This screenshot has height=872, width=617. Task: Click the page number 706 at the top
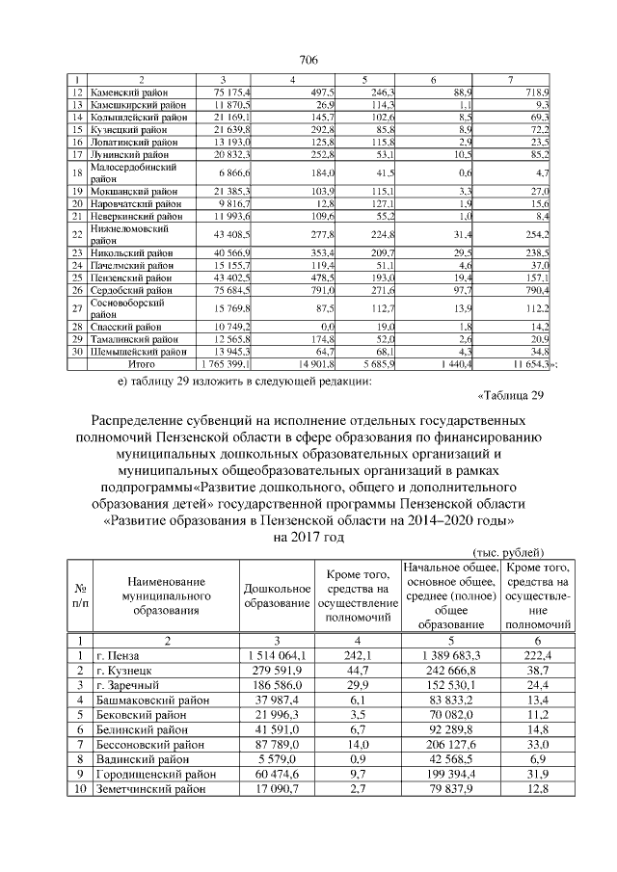pyautogui.click(x=308, y=61)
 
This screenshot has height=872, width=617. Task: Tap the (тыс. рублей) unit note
pyautogui.click(x=511, y=552)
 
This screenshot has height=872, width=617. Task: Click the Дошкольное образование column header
pyautogui.click(x=277, y=595)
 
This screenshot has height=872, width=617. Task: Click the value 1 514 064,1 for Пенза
pyautogui.click(x=277, y=656)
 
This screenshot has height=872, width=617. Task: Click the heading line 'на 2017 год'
pyautogui.click(x=308, y=537)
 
